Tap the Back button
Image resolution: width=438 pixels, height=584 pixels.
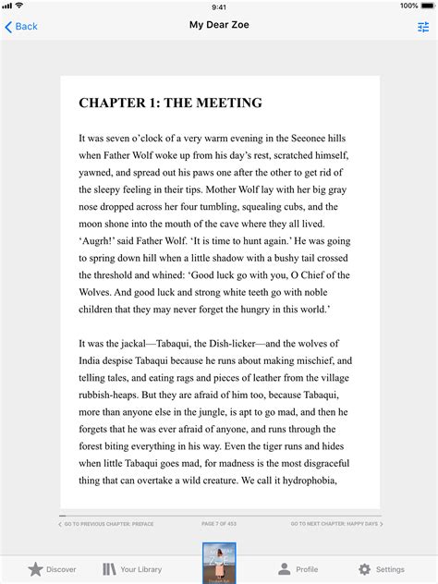(21, 27)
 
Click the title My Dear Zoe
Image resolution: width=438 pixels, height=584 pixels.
(219, 26)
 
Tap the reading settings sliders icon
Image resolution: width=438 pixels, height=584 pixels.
(423, 27)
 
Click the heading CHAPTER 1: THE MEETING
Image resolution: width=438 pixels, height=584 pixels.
(170, 103)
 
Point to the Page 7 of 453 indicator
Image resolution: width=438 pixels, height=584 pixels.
(220, 524)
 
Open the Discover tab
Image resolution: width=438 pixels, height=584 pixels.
(52, 569)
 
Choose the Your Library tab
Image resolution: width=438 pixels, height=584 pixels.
(132, 569)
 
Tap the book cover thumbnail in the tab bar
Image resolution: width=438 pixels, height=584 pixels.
(219, 563)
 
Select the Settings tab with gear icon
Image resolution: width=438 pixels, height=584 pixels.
(381, 569)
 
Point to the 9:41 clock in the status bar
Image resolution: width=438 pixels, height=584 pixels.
(219, 6)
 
